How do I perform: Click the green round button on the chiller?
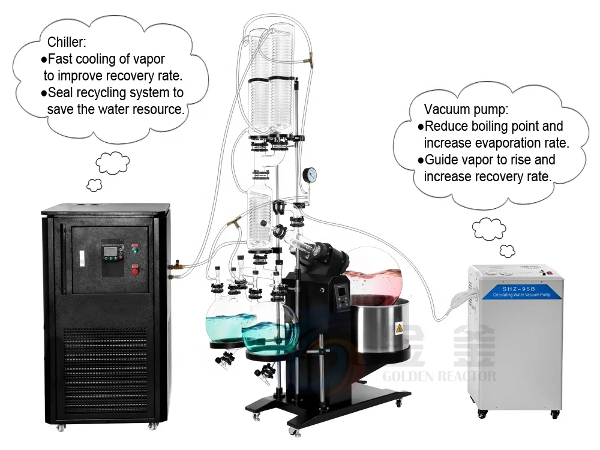pos(135,251)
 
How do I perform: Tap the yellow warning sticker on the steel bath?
pos(398,328)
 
